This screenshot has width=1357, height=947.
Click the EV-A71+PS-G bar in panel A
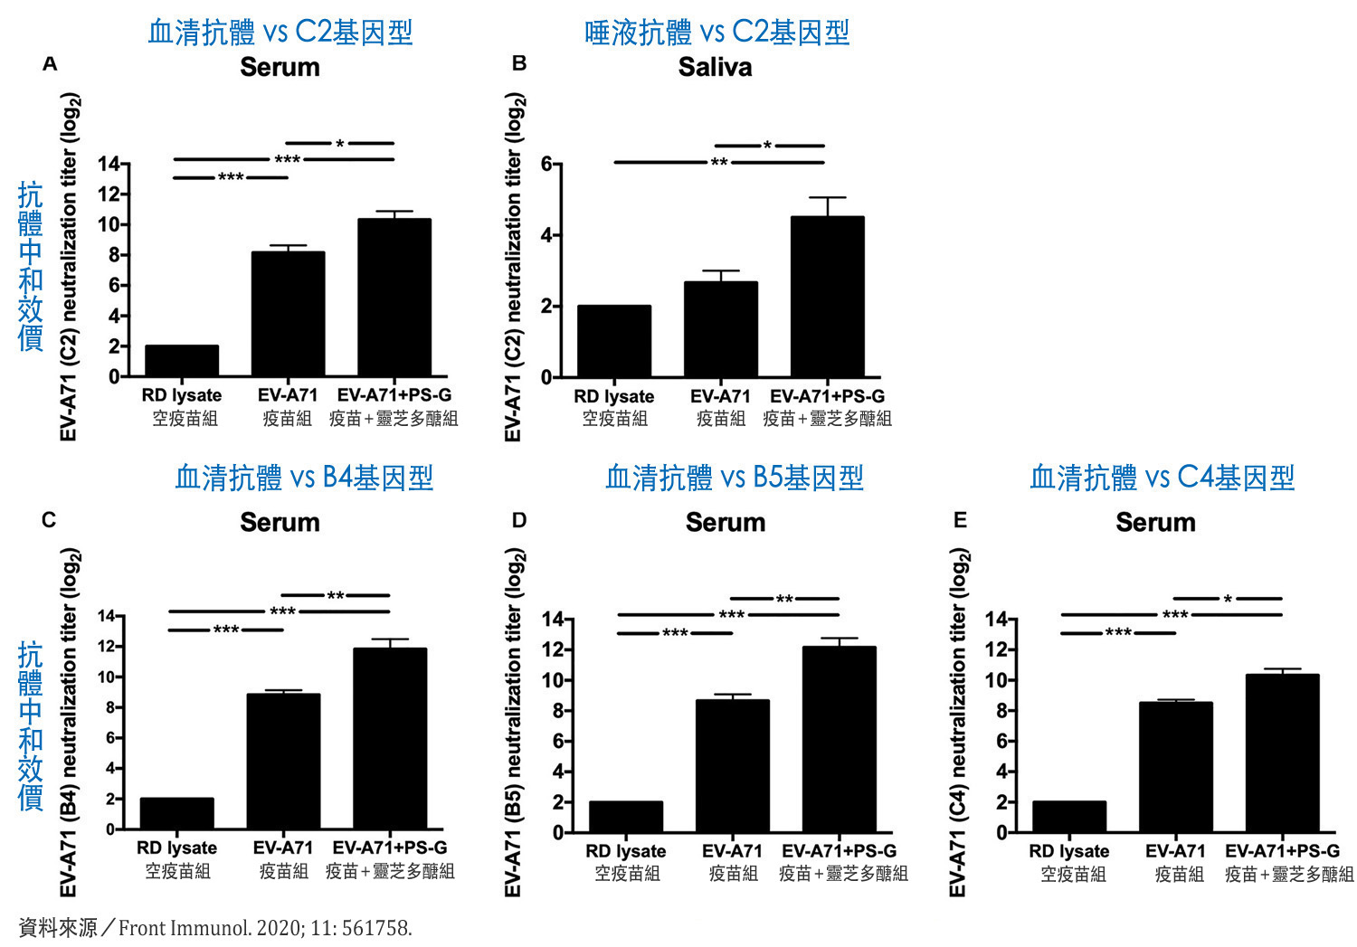pos(394,298)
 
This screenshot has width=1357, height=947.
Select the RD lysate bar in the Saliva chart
pos(613,341)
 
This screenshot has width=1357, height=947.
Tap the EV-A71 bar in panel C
pos(283,761)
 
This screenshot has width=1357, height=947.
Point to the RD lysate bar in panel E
pos(1068,816)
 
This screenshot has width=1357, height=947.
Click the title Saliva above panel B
pos(715,68)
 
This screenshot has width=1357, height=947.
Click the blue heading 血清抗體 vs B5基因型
pos(734,478)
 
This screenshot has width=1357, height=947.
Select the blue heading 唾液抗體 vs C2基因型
pos(716,33)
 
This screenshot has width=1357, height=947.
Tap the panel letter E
pos(960,520)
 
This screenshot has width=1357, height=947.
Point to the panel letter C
pos(49,520)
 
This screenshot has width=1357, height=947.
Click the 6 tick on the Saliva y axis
pos(546,164)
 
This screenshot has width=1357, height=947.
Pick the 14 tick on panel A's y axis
pos(109,164)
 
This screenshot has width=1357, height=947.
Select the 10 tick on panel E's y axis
pos(995,680)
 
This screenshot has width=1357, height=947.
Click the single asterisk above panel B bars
pos(767,146)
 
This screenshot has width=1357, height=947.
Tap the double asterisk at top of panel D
pos(783,599)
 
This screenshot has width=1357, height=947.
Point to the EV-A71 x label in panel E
pos(1175,851)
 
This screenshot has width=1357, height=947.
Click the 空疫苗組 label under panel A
pos(185,418)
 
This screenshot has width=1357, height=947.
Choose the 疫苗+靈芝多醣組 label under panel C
pos(390,871)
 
